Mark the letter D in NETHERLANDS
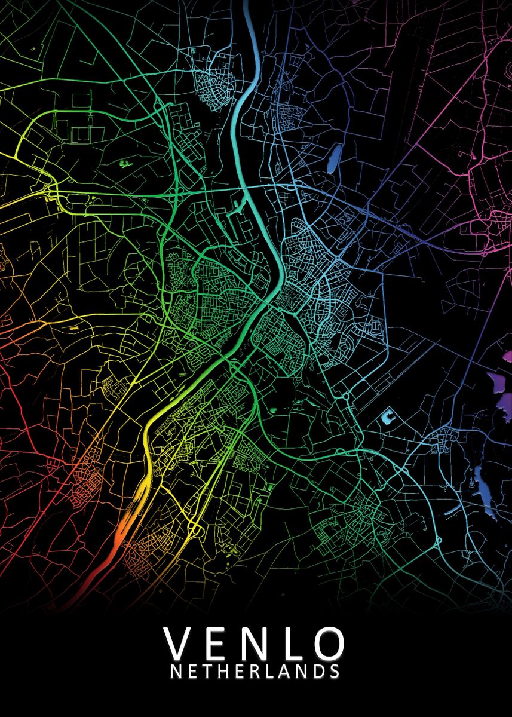point(318,672)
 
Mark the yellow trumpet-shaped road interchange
point(194,528)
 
